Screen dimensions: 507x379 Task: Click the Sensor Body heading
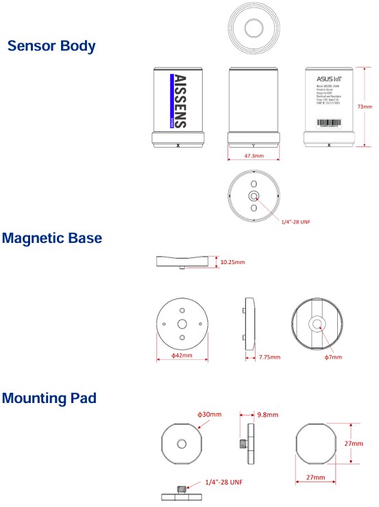tap(51, 47)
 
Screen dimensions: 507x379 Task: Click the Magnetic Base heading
tap(51, 238)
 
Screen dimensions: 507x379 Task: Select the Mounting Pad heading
tap(49, 397)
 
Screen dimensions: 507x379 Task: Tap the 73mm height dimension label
tap(365, 107)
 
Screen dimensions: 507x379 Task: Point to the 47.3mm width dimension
tap(254, 157)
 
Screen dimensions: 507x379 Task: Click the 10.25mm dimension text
tap(232, 261)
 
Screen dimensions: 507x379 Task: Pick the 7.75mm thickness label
tap(269, 356)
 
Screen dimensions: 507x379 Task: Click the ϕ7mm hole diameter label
tap(333, 356)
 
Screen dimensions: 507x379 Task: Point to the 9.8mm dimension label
tap(267, 415)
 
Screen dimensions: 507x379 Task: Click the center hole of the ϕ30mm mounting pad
tap(182, 443)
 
